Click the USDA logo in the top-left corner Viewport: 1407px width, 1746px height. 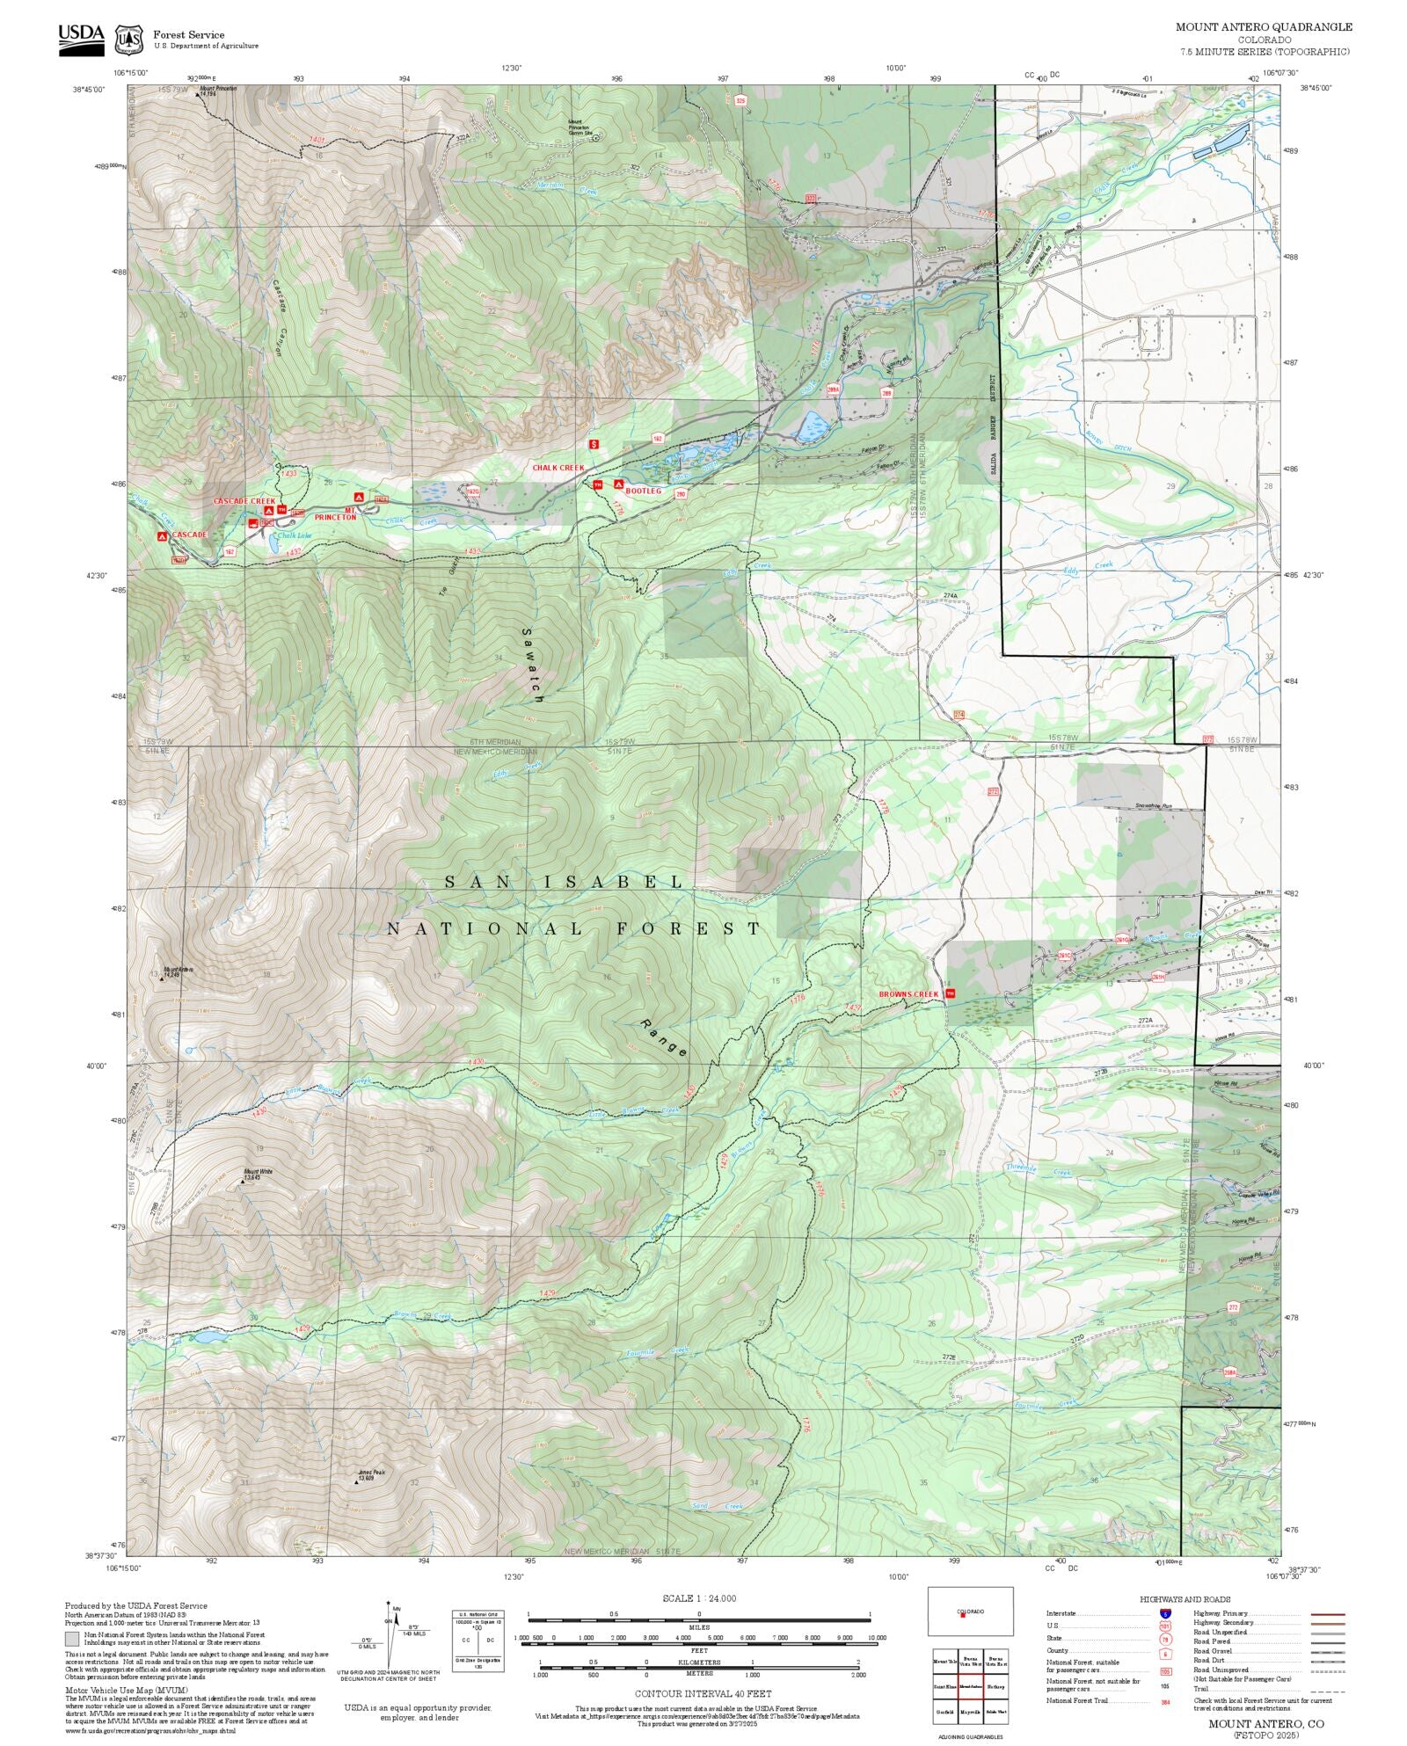81,40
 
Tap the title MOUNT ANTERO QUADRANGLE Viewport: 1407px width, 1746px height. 1264,27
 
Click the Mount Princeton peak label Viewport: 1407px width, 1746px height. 218,91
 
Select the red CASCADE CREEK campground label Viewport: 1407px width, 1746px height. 244,500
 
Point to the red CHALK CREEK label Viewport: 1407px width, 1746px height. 558,468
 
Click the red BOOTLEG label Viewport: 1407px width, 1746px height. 643,491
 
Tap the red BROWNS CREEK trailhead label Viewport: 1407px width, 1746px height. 909,994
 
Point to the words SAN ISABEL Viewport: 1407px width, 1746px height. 563,882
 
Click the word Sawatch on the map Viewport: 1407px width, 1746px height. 533,664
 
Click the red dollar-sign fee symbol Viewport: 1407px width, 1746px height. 594,444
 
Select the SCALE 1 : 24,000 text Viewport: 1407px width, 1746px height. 699,1598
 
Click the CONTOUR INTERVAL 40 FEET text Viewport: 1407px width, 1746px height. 703,1693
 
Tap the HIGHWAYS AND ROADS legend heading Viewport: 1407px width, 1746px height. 1185,1599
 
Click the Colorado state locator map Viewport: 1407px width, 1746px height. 970,1611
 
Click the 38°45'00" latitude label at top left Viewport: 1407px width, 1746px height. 89,88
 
